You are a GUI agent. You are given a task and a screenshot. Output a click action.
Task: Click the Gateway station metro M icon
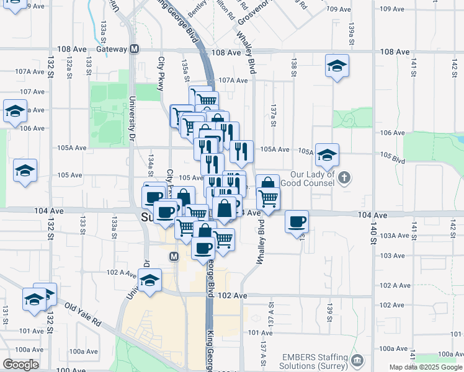pyautogui.click(x=134, y=49)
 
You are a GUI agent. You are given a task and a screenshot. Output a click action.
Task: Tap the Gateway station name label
pyautogui.click(x=112, y=49)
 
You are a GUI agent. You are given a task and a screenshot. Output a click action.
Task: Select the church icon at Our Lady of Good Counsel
pyautogui.click(x=346, y=179)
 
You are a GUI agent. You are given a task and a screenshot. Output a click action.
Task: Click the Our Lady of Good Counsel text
pyautogui.click(x=307, y=179)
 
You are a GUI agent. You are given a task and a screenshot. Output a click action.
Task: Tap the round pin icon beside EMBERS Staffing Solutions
pyautogui.click(x=357, y=360)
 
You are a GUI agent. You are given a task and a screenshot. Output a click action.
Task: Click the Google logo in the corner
pyautogui.click(x=20, y=365)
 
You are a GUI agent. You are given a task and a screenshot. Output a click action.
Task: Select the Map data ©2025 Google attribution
pyautogui.click(x=425, y=367)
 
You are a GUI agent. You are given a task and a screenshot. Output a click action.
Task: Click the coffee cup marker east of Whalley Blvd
pyautogui.click(x=297, y=221)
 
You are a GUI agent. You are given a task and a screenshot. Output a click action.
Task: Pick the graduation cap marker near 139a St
pyautogui.click(x=336, y=66)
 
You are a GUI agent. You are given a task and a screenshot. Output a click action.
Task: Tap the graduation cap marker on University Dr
pyautogui.click(x=149, y=280)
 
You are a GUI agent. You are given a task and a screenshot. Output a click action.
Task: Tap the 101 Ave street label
pyautogui.click(x=261, y=333)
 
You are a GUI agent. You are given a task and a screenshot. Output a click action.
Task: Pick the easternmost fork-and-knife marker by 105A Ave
pyautogui.click(x=241, y=150)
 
